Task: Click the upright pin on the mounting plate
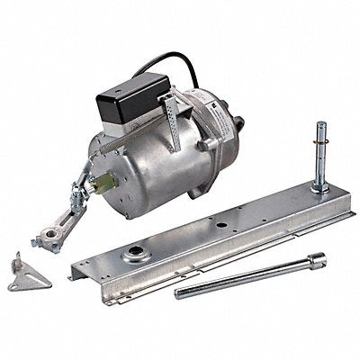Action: click(x=319, y=157)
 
